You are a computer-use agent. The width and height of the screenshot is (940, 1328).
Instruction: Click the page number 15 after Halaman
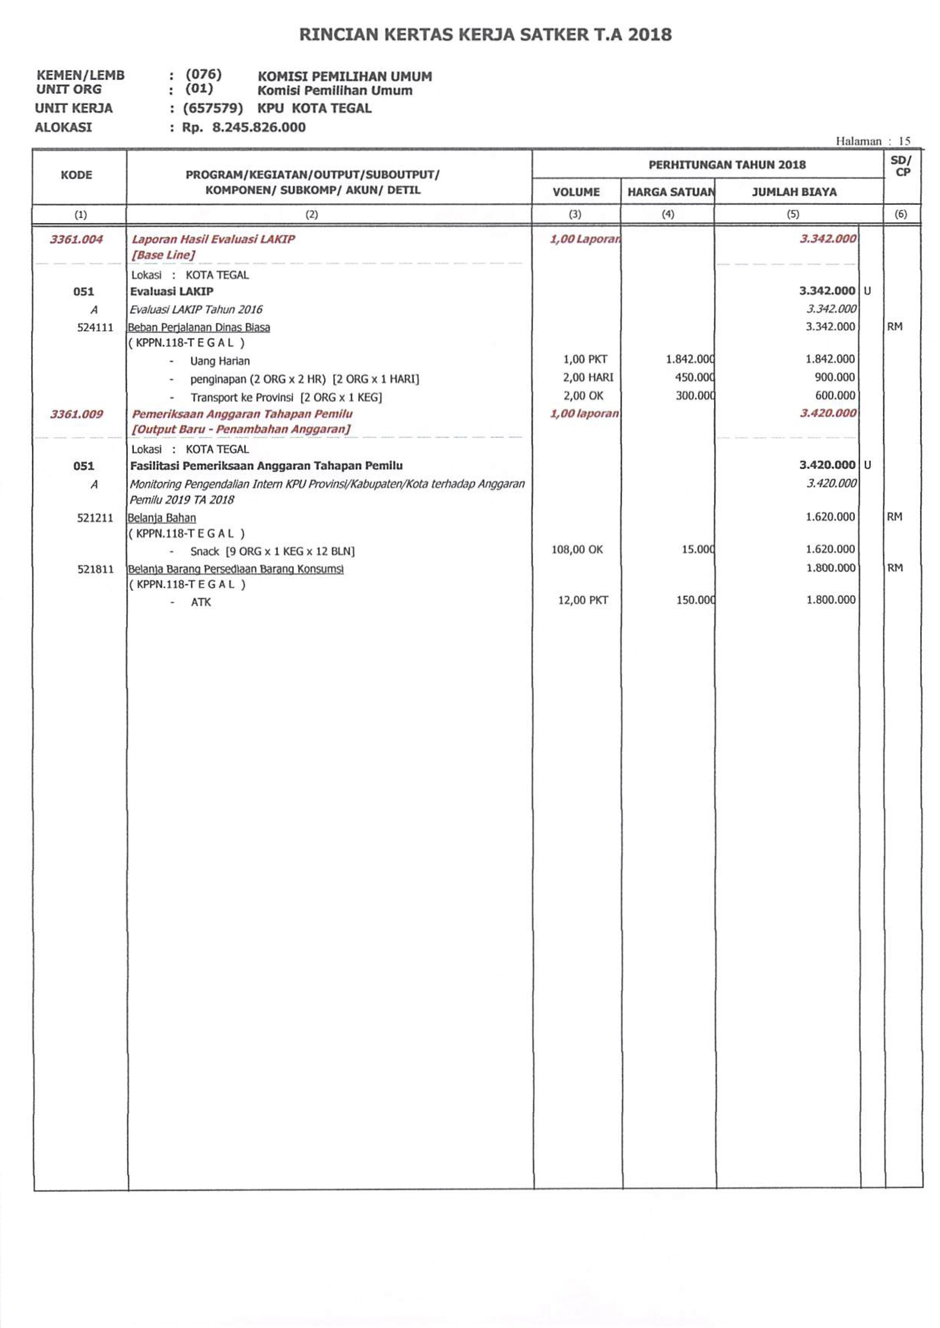click(x=904, y=141)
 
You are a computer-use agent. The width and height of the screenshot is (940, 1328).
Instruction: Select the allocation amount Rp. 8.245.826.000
click(x=244, y=128)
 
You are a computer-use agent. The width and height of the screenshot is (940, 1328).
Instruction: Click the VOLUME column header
click(x=576, y=192)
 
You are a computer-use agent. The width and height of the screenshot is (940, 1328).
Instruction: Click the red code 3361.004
click(x=76, y=239)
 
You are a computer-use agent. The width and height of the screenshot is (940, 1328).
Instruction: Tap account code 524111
click(x=95, y=327)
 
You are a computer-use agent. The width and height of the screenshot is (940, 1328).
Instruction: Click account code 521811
click(x=95, y=569)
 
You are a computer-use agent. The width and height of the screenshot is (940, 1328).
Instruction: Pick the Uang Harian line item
click(x=220, y=361)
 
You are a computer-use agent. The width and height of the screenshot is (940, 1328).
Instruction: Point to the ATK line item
click(x=201, y=602)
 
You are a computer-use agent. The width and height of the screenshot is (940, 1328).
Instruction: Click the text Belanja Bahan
click(x=162, y=518)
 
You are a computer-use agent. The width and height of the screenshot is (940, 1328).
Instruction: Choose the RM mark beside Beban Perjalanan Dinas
click(x=894, y=327)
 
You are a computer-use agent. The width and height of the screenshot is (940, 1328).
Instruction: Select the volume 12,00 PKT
click(x=582, y=600)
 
